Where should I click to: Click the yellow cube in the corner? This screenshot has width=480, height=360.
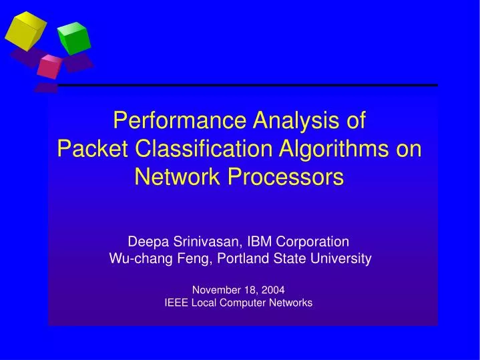25,30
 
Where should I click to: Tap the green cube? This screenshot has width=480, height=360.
73,39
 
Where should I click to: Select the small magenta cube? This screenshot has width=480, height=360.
49,66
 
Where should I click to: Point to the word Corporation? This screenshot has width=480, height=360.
314,242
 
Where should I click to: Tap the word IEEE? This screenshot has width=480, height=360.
176,303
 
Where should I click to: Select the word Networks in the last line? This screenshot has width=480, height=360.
290,303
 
